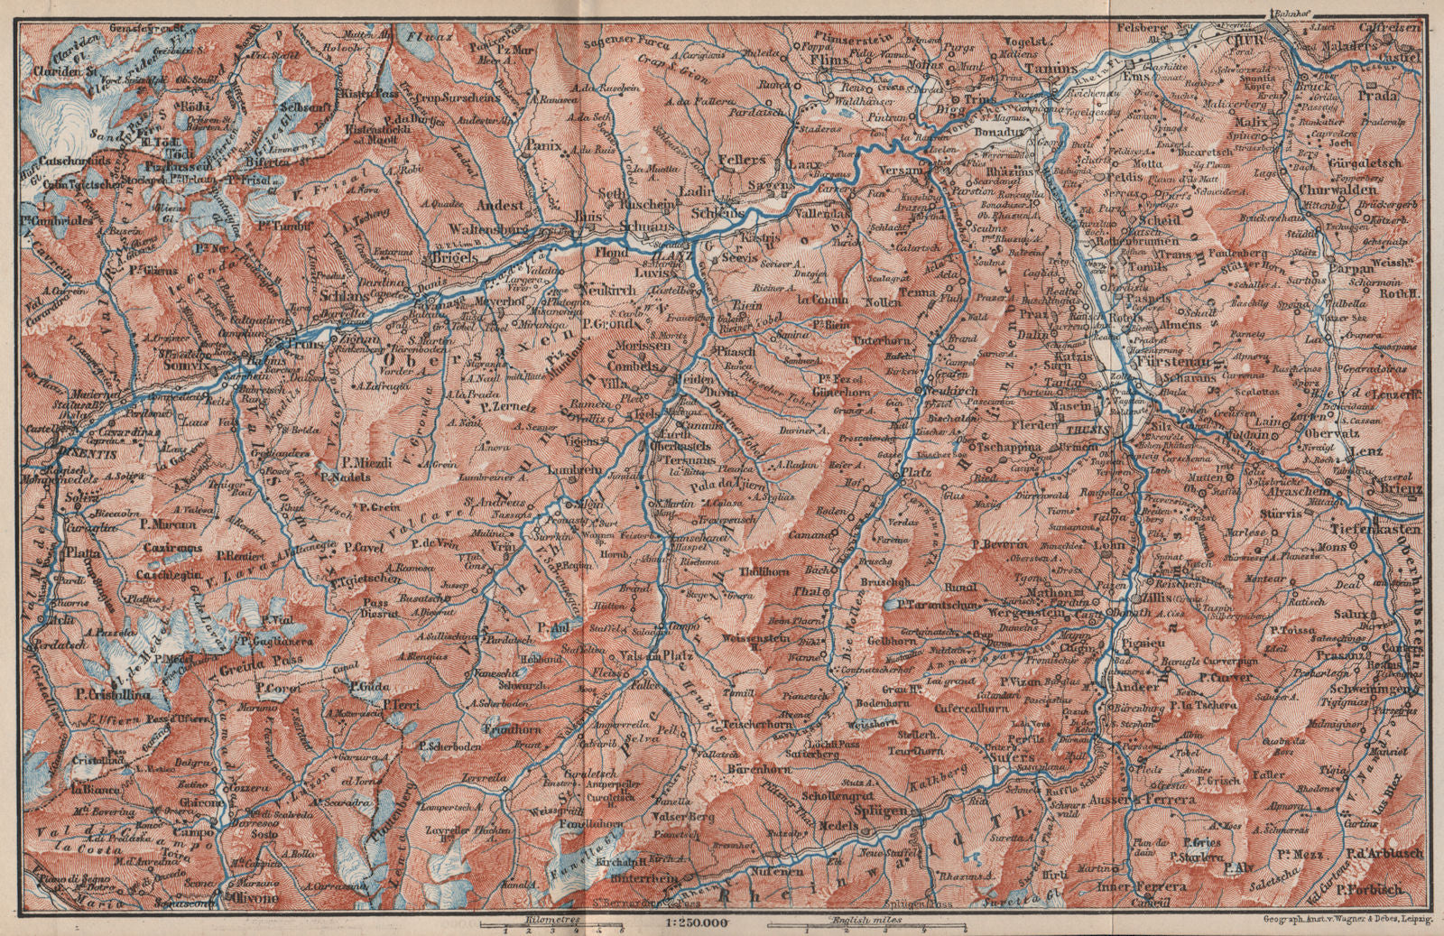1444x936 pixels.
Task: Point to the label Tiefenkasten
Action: [x=1379, y=530]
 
